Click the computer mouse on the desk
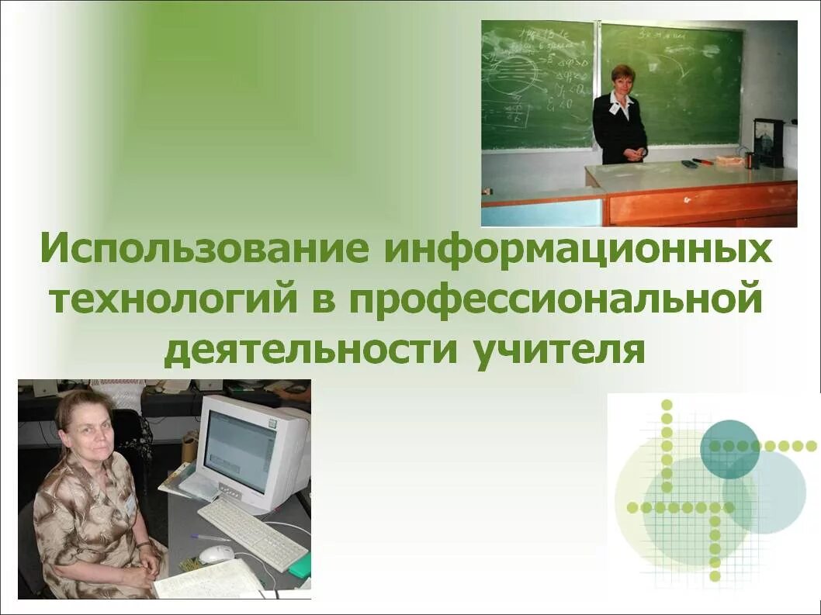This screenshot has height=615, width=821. (x=216, y=554)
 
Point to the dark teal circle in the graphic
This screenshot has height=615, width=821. (x=729, y=448)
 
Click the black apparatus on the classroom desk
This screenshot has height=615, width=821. (x=768, y=143)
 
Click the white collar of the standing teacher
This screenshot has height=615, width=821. (x=620, y=100)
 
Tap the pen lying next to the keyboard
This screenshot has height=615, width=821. (x=210, y=537)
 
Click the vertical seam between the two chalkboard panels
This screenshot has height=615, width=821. (x=598, y=85)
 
